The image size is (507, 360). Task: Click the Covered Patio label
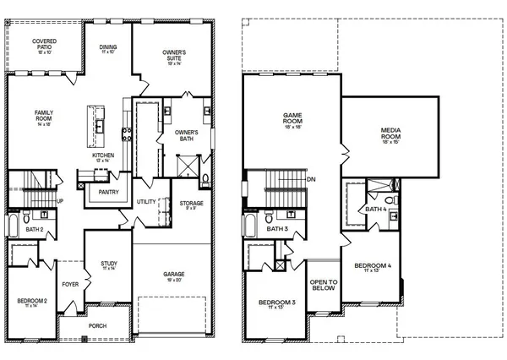click(x=45, y=44)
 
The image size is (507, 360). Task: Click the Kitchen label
click(x=103, y=157)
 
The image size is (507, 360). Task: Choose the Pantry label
click(x=108, y=192)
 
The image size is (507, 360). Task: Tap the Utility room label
click(x=146, y=202)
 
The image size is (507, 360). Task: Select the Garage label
click(x=174, y=276)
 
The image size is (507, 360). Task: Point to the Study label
click(x=108, y=265)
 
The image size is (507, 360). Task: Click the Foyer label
click(x=70, y=284)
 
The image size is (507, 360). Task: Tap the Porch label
click(x=97, y=325)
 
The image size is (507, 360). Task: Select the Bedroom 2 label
click(x=32, y=303)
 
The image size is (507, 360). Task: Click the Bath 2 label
click(x=35, y=230)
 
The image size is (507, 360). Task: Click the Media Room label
click(x=390, y=134)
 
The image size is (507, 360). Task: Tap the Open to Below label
click(x=323, y=285)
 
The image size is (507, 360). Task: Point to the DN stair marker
click(x=311, y=179)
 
